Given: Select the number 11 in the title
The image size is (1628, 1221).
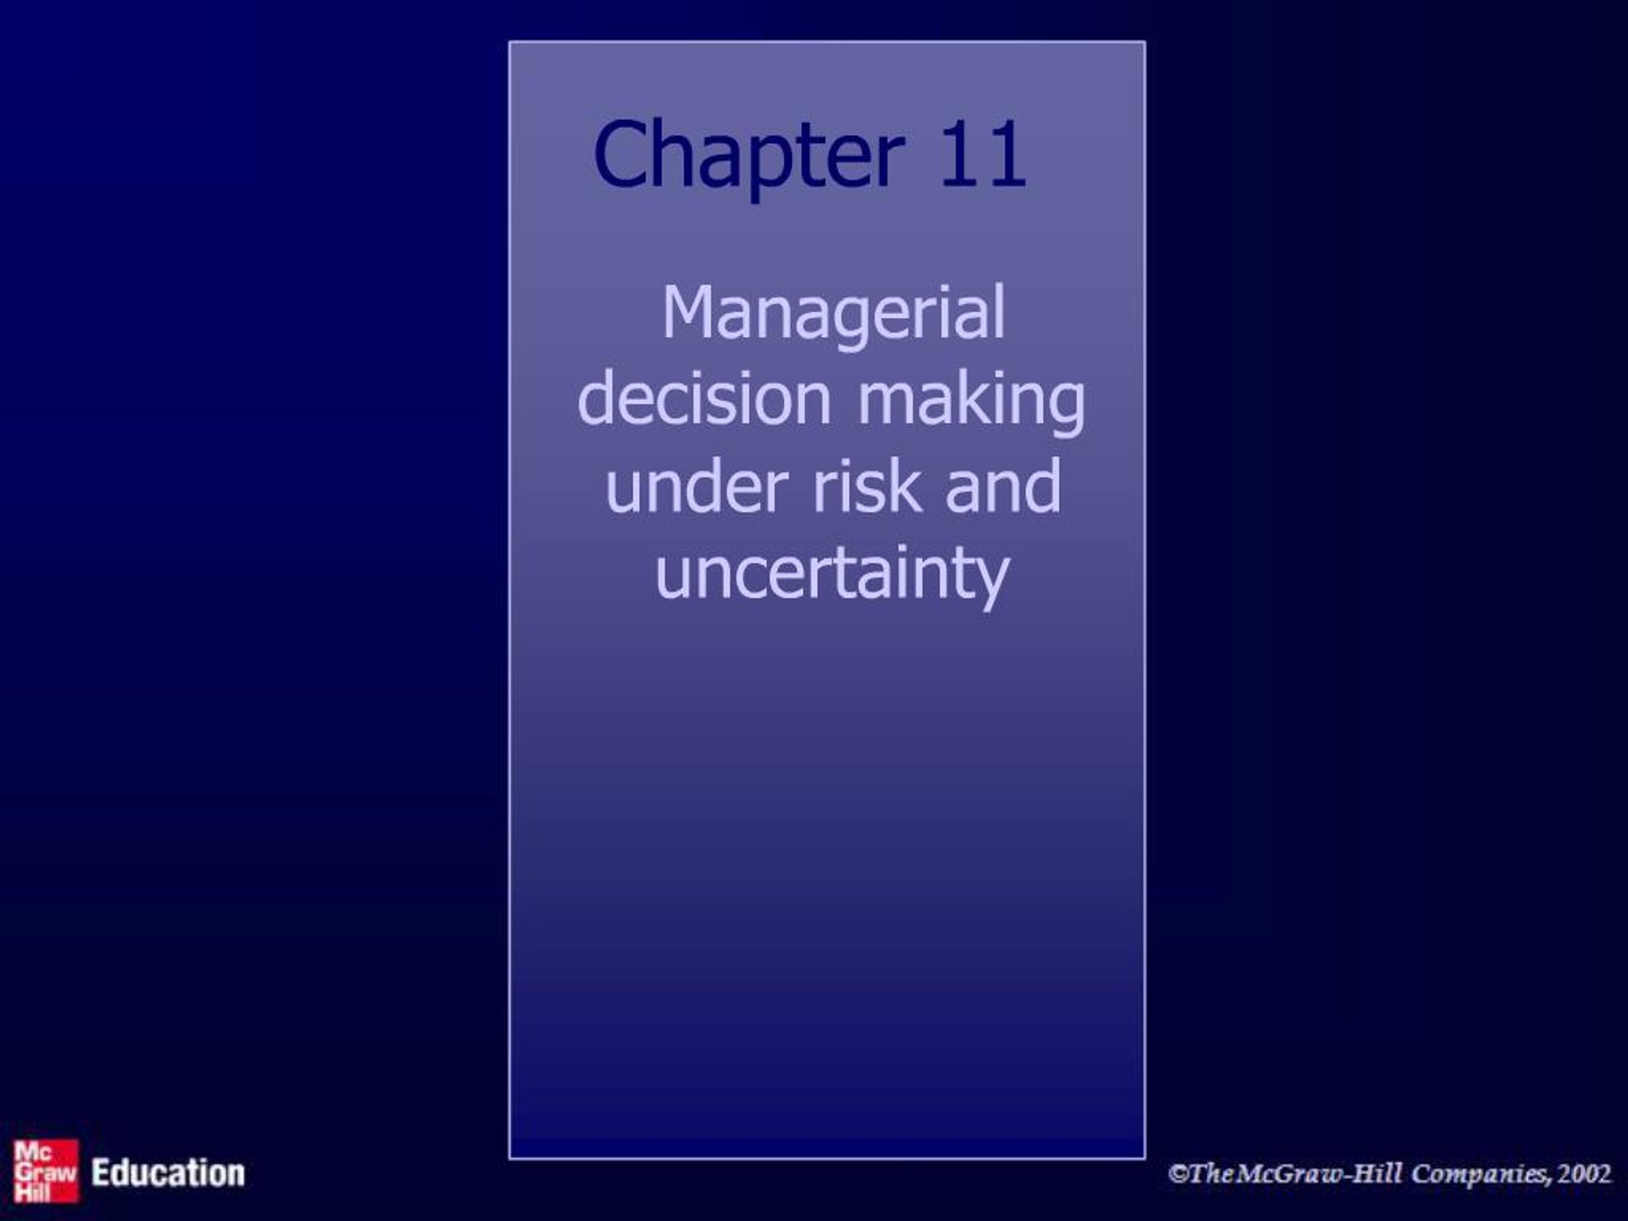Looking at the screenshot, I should coord(983,156).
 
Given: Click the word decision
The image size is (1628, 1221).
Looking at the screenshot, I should coord(705,399).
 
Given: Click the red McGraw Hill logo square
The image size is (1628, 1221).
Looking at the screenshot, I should coord(46,1171).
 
